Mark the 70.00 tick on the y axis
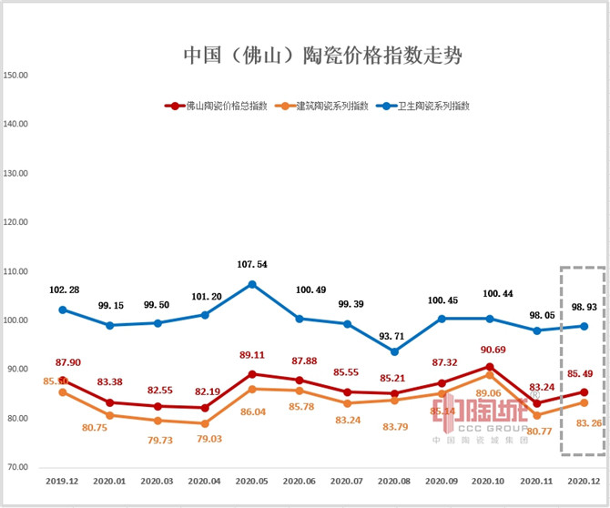point(19,467)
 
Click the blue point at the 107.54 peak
point(252,284)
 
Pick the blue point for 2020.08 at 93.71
point(394,351)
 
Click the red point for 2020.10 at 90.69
point(490,367)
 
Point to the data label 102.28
point(62,290)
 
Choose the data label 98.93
point(585,306)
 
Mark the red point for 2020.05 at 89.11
point(252,374)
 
